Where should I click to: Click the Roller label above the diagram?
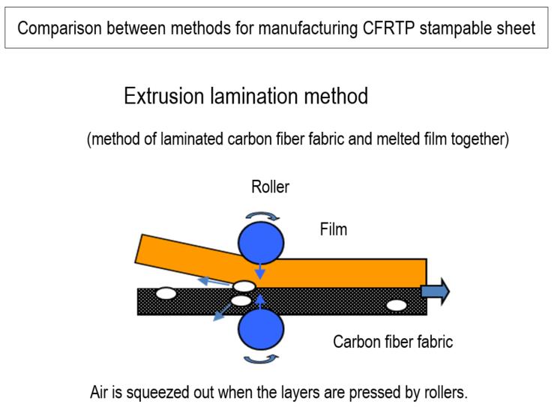pyautogui.click(x=271, y=187)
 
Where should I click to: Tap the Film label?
pyautogui.click(x=334, y=229)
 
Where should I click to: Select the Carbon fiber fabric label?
pyautogui.click(x=393, y=343)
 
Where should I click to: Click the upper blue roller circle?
pyautogui.click(x=261, y=241)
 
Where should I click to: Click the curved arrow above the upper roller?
pyautogui.click(x=262, y=215)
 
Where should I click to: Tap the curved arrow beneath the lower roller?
pyautogui.click(x=262, y=359)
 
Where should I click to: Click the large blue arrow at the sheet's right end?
pyautogui.click(x=436, y=290)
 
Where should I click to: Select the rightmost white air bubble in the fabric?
pyautogui.click(x=397, y=305)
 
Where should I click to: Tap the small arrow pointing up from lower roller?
pyautogui.click(x=260, y=302)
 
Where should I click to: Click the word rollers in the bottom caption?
pyautogui.click(x=442, y=393)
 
